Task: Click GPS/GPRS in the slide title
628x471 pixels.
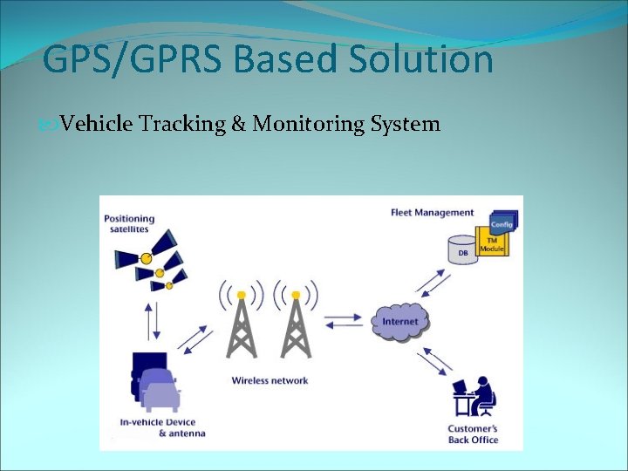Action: click(132, 60)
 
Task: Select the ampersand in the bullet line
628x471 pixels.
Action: click(238, 124)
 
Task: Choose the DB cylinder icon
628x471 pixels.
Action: click(461, 248)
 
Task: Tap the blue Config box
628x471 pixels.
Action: click(503, 223)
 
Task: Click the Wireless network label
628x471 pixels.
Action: click(270, 380)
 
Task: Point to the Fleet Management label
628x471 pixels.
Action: click(432, 212)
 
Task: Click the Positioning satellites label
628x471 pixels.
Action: click(129, 223)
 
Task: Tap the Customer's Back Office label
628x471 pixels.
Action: click(473, 434)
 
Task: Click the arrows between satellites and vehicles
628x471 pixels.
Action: click(154, 321)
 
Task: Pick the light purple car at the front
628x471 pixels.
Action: click(160, 397)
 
